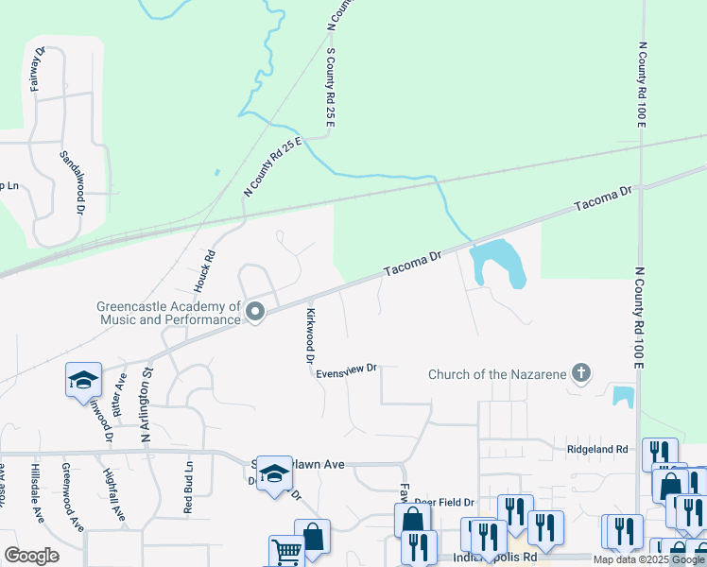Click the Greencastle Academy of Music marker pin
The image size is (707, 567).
254,311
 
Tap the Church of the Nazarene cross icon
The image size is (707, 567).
581,374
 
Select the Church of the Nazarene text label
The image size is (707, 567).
497,374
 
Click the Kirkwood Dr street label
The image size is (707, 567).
309,335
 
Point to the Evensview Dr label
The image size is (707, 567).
347,369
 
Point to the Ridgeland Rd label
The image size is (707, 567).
597,449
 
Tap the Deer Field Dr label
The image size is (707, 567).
442,502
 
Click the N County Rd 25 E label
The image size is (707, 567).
271,166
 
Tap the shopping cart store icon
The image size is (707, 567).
286,551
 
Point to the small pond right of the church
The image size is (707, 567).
622,396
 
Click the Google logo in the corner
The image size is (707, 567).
31,556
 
